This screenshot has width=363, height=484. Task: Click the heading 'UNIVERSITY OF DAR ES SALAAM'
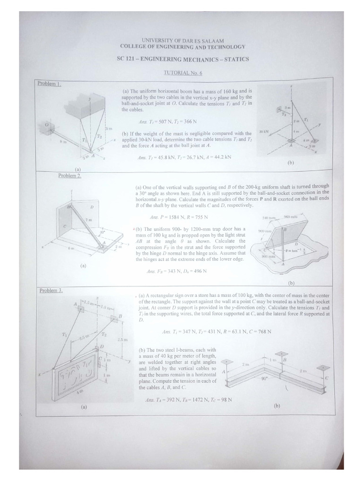click(182, 41)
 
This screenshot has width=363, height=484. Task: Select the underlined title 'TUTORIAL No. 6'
click(182, 72)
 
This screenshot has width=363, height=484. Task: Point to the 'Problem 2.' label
click(69, 175)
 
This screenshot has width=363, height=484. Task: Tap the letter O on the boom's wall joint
click(47, 125)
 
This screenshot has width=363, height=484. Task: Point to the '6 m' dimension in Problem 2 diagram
click(70, 248)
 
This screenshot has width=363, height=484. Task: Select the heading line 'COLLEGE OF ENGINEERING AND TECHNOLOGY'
click(182, 47)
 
